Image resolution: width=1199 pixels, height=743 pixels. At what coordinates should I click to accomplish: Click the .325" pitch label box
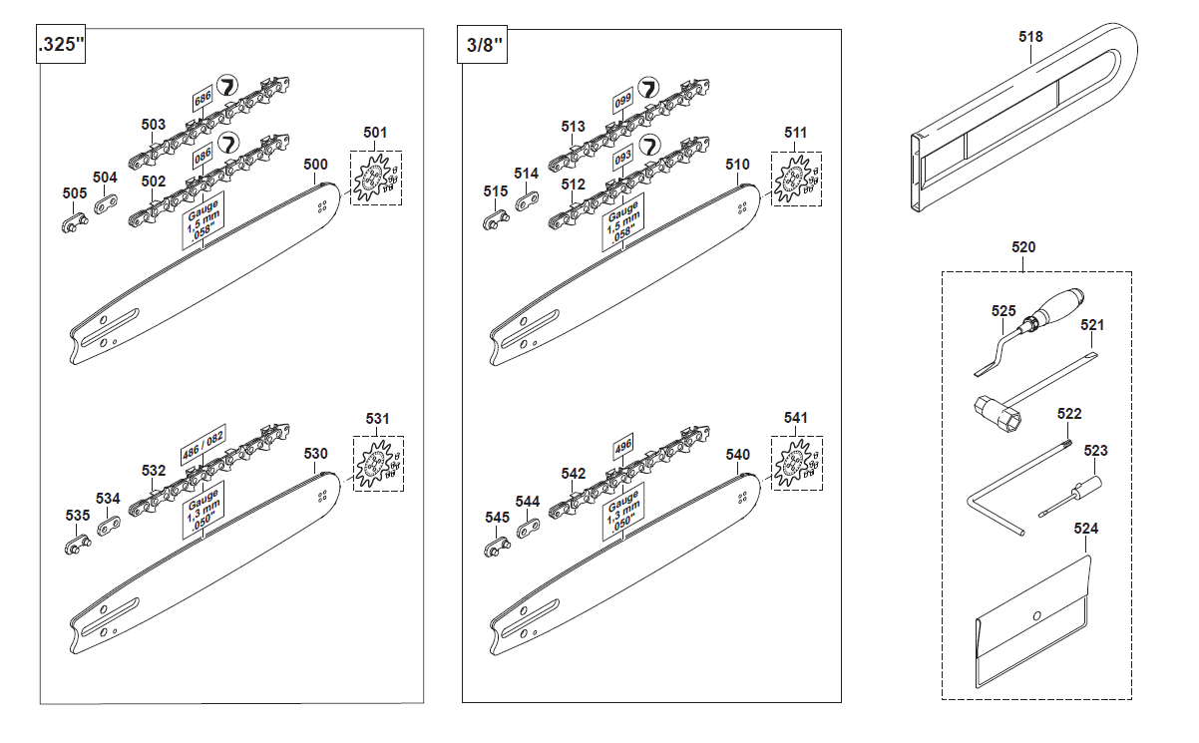[60, 46]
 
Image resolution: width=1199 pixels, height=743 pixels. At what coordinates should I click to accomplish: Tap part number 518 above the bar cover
[1030, 37]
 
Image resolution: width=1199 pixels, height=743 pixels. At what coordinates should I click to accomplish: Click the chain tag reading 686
[201, 102]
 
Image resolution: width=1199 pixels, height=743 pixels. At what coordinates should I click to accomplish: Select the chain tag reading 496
[623, 446]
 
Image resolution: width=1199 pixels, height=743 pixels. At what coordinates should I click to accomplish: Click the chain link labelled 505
[74, 220]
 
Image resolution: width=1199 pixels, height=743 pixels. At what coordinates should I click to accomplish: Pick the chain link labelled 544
[529, 525]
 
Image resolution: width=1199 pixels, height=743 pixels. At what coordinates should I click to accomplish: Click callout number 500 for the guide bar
[315, 165]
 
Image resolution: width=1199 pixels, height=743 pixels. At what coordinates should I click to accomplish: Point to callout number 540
[737, 455]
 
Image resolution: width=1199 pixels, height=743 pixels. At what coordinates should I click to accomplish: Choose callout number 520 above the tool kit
[1022, 247]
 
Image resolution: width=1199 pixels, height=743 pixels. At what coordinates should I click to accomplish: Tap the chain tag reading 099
[623, 102]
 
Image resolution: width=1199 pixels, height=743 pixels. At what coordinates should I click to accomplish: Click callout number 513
[573, 127]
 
